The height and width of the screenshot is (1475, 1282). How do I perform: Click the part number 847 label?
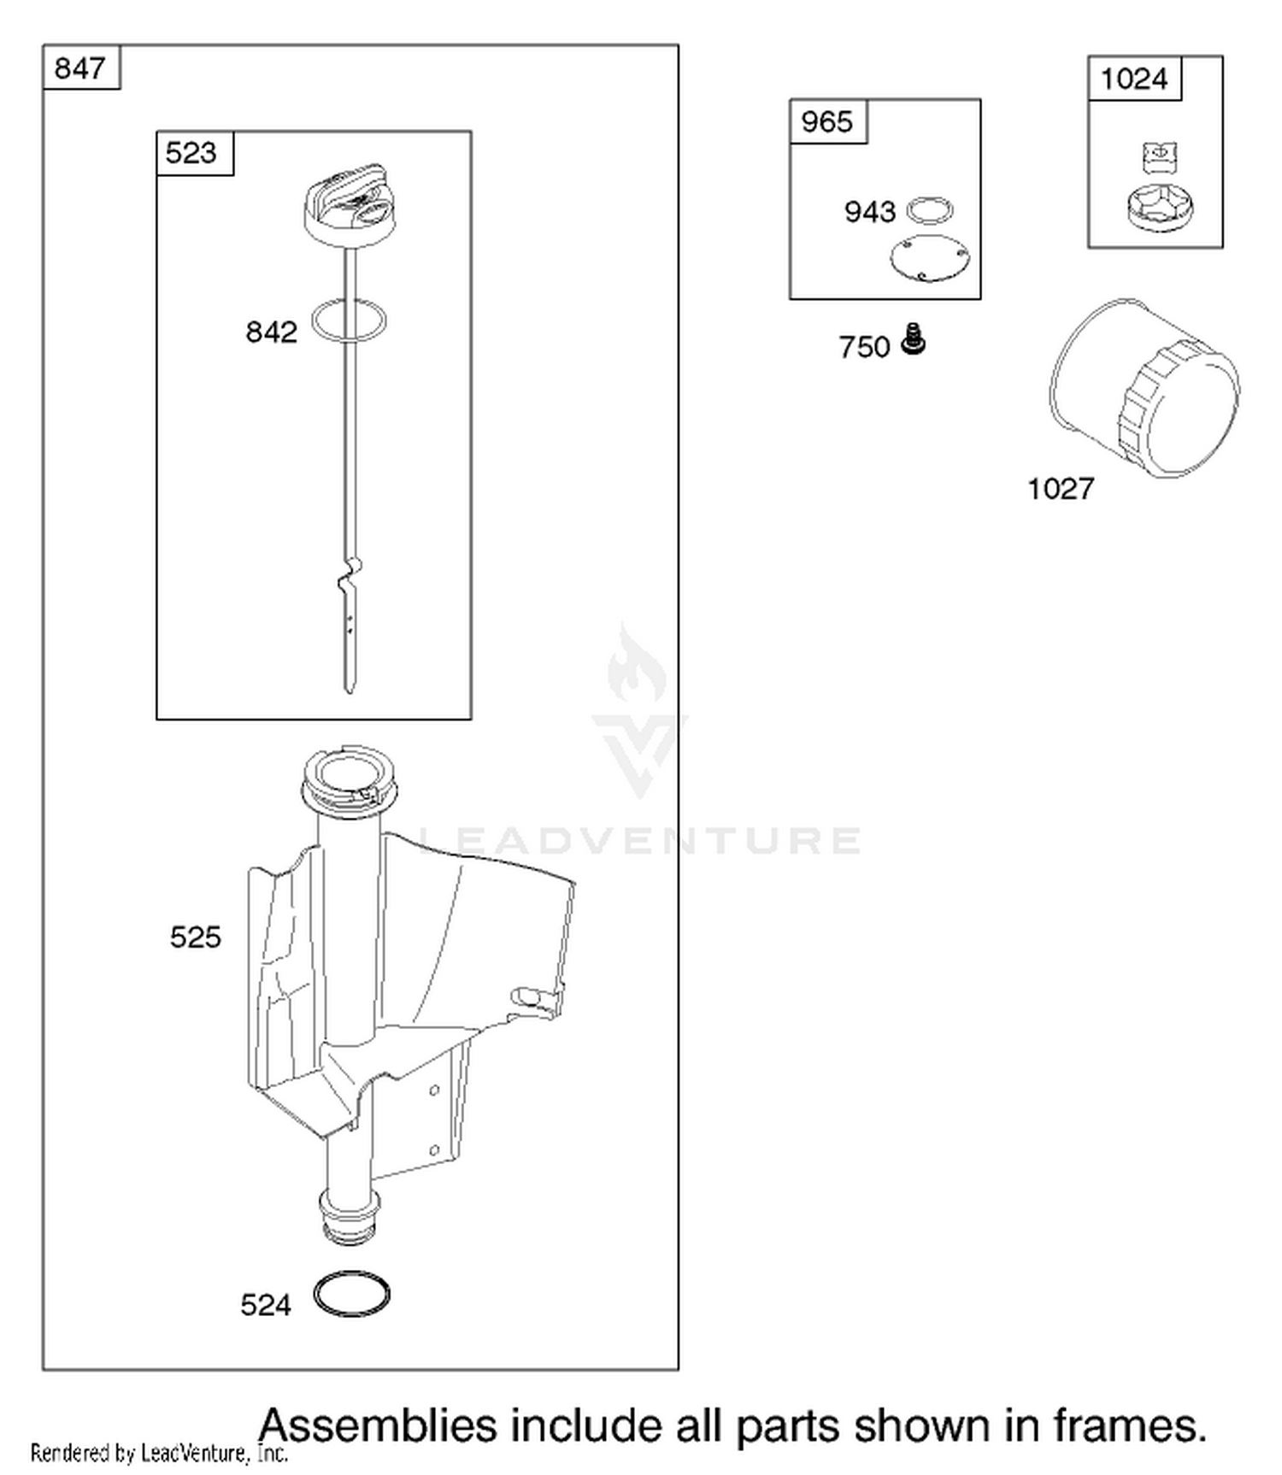click(x=79, y=68)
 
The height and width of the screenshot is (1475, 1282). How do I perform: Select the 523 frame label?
click(x=191, y=153)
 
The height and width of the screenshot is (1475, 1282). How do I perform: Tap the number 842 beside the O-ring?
click(x=271, y=332)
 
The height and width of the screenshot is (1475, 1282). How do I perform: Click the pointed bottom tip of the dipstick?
click(x=349, y=690)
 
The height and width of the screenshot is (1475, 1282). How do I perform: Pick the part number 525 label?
click(x=195, y=937)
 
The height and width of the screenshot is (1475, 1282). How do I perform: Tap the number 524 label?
click(x=266, y=1306)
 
